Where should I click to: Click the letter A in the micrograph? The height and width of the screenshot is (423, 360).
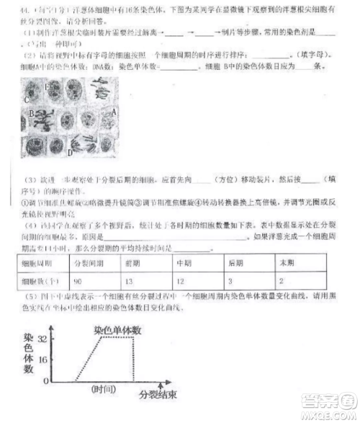(x=113, y=112)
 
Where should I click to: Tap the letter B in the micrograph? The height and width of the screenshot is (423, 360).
(x=32, y=113)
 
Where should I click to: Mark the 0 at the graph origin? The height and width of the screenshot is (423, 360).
(x=46, y=380)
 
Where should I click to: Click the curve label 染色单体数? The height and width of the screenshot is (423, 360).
(x=117, y=330)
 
